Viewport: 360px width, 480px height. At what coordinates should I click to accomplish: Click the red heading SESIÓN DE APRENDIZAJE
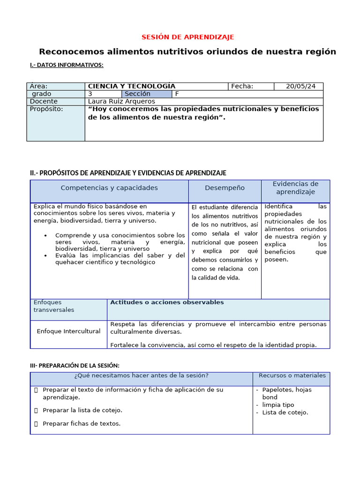click(x=187, y=37)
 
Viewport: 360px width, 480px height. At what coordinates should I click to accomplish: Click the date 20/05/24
click(x=300, y=86)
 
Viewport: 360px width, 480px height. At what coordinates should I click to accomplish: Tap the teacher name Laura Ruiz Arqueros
click(x=121, y=101)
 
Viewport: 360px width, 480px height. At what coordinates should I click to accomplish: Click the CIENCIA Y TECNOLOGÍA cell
click(x=132, y=86)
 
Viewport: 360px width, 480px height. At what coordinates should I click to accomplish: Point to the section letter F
click(x=177, y=94)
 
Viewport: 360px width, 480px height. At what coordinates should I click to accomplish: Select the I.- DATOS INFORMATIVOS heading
click(x=67, y=65)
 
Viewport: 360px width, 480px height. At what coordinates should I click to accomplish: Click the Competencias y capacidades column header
click(x=109, y=188)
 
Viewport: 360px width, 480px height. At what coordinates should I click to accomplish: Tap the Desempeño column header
click(x=225, y=188)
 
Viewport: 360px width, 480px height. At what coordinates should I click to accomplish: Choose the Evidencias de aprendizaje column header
click(x=295, y=188)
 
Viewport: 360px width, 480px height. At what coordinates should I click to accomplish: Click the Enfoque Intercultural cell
click(x=68, y=331)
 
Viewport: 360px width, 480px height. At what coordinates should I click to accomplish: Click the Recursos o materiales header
click(x=292, y=375)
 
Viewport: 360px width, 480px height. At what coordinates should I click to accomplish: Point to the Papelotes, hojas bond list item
click(x=286, y=393)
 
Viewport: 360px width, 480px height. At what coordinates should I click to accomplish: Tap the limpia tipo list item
click(x=278, y=405)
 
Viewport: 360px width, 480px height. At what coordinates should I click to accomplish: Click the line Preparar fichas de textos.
click(x=81, y=423)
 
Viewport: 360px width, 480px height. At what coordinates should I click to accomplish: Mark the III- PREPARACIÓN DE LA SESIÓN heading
click(x=75, y=365)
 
